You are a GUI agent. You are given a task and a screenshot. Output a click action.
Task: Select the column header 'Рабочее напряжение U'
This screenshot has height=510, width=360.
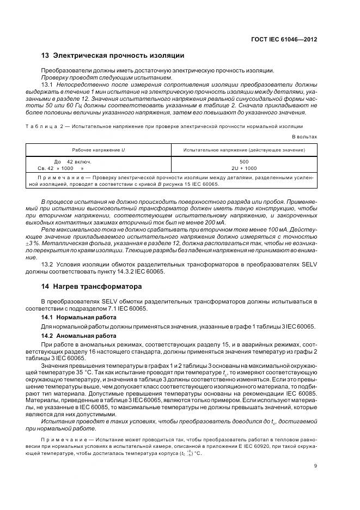point(99,150)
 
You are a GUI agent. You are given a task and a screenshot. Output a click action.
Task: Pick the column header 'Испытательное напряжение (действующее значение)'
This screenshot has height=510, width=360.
point(244,150)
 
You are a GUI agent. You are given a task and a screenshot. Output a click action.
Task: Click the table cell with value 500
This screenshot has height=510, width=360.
point(244,162)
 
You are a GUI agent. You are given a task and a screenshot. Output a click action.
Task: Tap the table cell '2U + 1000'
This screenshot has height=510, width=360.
point(244,168)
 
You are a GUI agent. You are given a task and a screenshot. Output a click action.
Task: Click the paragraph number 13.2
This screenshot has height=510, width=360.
point(48,265)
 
